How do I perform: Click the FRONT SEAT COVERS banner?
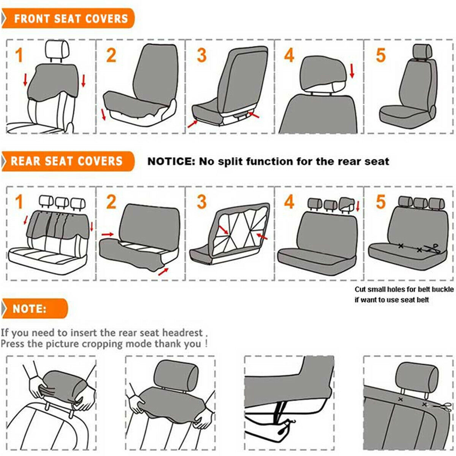[x=68, y=19]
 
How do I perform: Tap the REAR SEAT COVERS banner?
[x=68, y=161]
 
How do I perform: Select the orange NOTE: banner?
[x=35, y=309]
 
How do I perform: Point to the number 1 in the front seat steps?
[x=19, y=55]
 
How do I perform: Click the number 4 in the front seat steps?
[x=289, y=55]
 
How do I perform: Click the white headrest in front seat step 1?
[x=57, y=49]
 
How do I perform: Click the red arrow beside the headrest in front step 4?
[x=352, y=71]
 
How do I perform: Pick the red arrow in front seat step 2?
[x=103, y=114]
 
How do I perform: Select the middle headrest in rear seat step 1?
[x=62, y=202]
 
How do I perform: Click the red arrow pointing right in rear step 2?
[x=108, y=234]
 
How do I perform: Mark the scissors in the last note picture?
[x=440, y=407]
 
